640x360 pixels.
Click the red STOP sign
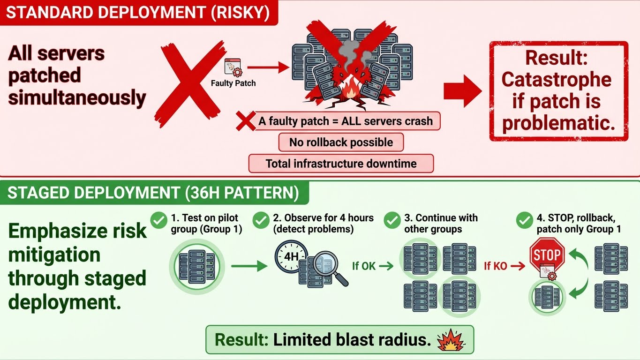(547, 255)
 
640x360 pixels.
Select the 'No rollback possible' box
(341, 142)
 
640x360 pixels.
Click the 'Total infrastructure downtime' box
(341, 164)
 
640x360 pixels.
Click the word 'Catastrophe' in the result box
(556, 80)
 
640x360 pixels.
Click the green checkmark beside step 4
(524, 219)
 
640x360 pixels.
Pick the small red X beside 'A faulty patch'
(245, 121)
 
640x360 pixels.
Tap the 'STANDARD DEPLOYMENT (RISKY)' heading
(138, 12)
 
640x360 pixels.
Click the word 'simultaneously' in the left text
(77, 98)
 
